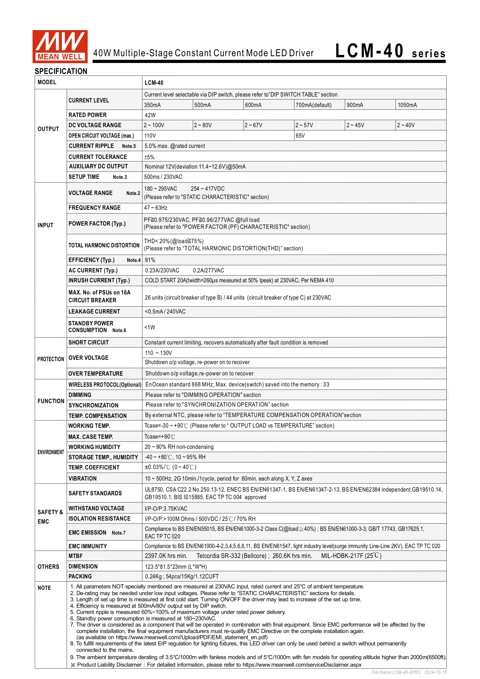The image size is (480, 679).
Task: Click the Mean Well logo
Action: coord(60,47)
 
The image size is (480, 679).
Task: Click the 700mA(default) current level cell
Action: coord(314,105)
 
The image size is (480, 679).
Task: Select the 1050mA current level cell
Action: coord(407,105)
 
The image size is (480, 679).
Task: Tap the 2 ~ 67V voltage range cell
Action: coord(254,125)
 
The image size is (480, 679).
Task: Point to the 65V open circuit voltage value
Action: coord(300,136)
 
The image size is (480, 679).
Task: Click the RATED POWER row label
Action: coord(88,115)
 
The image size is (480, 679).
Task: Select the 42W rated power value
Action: coord(150,115)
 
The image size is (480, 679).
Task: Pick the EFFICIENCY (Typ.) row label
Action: coord(91,260)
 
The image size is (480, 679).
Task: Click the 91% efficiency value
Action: coord(150,260)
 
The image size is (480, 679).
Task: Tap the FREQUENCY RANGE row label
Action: coord(94,208)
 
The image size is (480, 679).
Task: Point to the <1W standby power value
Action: coord(150,327)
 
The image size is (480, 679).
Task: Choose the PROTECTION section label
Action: coord(51,359)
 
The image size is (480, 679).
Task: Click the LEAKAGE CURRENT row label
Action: coord(94,311)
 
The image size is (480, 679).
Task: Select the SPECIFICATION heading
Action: coord(61,71)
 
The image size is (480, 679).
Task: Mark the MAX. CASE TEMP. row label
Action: coord(91,436)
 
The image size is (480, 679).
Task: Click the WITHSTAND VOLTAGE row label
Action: coord(97,508)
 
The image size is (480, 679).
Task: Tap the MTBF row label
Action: coord(75,556)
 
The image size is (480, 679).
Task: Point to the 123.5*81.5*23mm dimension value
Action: coord(176,567)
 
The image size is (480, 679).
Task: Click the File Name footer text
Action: coord(409,672)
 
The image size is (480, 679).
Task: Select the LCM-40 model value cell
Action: coord(154,83)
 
